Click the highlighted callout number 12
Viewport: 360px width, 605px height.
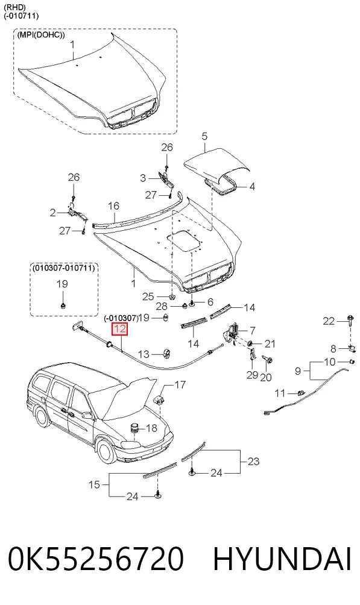click(x=119, y=329)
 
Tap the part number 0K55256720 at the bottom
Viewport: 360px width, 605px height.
click(x=96, y=559)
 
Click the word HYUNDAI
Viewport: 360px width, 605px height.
click(x=282, y=559)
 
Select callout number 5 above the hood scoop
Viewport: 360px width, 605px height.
click(x=204, y=136)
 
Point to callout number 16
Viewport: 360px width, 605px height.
click(x=113, y=206)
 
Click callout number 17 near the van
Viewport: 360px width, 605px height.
click(x=180, y=384)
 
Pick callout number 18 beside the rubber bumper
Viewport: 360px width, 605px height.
click(x=151, y=428)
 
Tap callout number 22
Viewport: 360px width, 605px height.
click(x=329, y=321)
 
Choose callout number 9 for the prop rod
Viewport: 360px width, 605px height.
click(x=298, y=371)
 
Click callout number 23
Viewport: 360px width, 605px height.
click(x=253, y=461)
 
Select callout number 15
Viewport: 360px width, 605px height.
click(x=95, y=484)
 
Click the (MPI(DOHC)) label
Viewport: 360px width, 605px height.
click(x=41, y=35)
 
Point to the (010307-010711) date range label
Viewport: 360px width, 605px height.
click(x=63, y=268)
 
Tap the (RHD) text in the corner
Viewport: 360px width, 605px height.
click(x=12, y=7)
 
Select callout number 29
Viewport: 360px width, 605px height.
click(x=252, y=375)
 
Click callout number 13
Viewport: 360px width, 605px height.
click(x=144, y=354)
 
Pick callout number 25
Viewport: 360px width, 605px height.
click(x=148, y=296)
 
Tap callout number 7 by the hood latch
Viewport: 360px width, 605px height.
click(x=252, y=331)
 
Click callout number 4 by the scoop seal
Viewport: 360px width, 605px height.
click(x=252, y=187)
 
